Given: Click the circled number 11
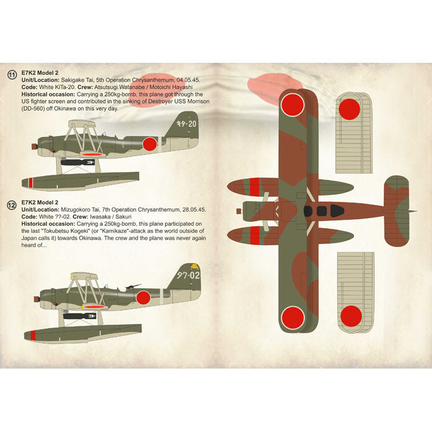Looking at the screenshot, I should point(12,74).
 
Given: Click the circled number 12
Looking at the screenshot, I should point(12,206).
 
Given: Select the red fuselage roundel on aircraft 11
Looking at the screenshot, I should point(149,144).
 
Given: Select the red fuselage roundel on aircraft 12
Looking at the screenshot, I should point(144,297).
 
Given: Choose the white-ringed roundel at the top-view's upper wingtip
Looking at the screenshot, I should point(291,105).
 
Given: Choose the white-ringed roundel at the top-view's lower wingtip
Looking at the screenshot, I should point(291,317).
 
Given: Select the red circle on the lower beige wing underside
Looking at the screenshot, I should point(350,315).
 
